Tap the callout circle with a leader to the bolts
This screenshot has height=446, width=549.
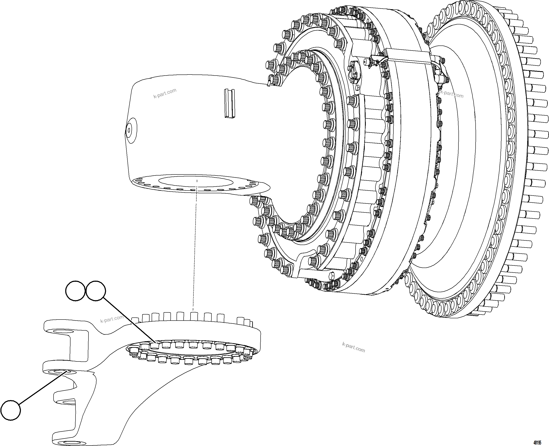(96, 291)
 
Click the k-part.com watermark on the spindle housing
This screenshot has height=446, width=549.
(165, 93)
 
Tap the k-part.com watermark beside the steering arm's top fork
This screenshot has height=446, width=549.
(112, 319)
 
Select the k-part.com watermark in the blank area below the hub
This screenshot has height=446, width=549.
(353, 347)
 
